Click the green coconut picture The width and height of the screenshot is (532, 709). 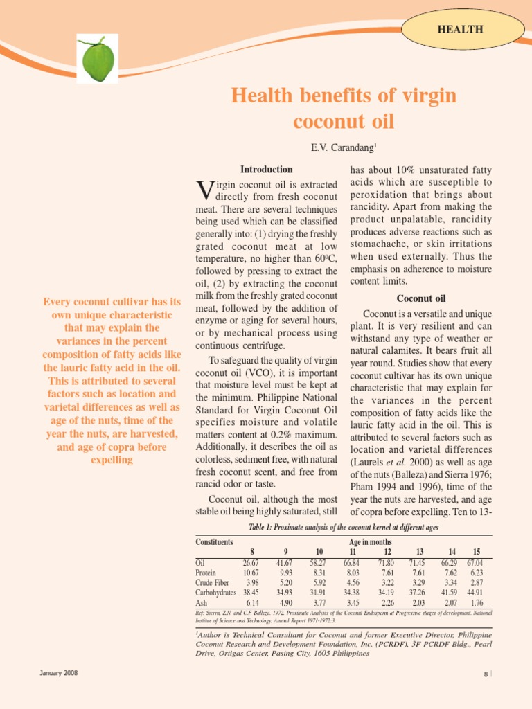(98, 60)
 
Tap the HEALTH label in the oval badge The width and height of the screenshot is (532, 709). (460, 29)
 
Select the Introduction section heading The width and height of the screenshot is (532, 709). (266, 169)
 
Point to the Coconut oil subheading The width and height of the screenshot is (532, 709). (420, 298)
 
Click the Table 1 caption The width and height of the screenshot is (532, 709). (343, 527)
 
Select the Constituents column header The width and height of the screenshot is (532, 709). (214, 541)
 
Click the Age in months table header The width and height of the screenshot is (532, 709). (370, 541)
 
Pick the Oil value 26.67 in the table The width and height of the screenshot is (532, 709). (250, 563)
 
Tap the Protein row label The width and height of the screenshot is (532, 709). (206, 573)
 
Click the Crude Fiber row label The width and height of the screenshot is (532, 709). (212, 583)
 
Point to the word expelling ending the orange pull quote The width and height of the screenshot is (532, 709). (112, 460)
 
